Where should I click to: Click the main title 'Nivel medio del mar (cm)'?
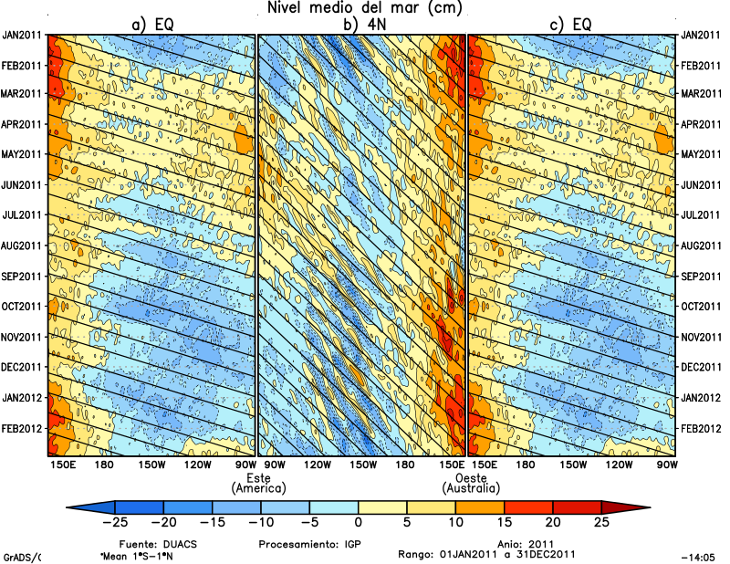pyautogui.click(x=365, y=8)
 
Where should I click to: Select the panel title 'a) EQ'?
pyautogui.click(x=153, y=26)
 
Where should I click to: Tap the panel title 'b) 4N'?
pyautogui.click(x=362, y=26)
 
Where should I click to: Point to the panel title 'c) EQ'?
pyautogui.click(x=571, y=26)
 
